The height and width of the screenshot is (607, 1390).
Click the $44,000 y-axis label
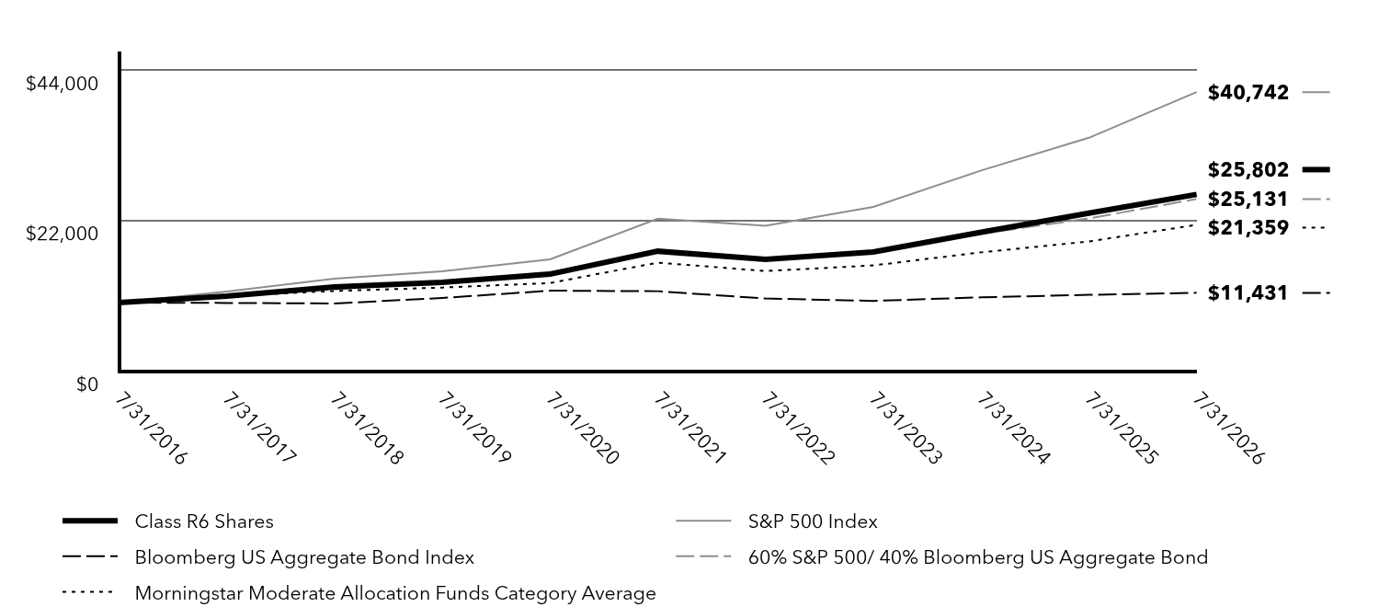tap(63, 83)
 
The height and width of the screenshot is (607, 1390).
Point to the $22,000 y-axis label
tap(63, 234)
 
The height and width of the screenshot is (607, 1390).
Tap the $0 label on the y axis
tap(87, 384)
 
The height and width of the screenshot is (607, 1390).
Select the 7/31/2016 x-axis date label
tap(151, 429)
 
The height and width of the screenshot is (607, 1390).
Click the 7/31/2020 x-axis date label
tap(582, 429)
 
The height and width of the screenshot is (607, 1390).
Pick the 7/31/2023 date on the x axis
tap(906, 429)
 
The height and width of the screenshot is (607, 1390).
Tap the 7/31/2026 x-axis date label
tap(1228, 429)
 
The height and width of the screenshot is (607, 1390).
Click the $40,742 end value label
tap(1248, 93)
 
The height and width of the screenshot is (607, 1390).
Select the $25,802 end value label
tap(1248, 169)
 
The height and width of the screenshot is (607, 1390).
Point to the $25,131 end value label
tap(1248, 200)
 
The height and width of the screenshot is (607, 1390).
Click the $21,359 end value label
tap(1248, 228)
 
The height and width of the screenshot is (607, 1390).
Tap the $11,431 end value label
tap(1248, 293)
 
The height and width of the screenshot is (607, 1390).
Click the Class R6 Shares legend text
tap(204, 521)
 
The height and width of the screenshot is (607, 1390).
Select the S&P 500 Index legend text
tap(813, 521)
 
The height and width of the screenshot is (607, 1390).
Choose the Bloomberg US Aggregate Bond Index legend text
tap(304, 557)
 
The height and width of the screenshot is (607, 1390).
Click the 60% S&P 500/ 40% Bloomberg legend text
tap(978, 557)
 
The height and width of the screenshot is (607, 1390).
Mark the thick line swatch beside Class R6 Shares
tap(90, 521)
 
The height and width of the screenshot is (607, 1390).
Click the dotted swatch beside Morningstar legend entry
tap(87, 592)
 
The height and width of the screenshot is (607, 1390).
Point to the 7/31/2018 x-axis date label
tap(367, 429)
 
